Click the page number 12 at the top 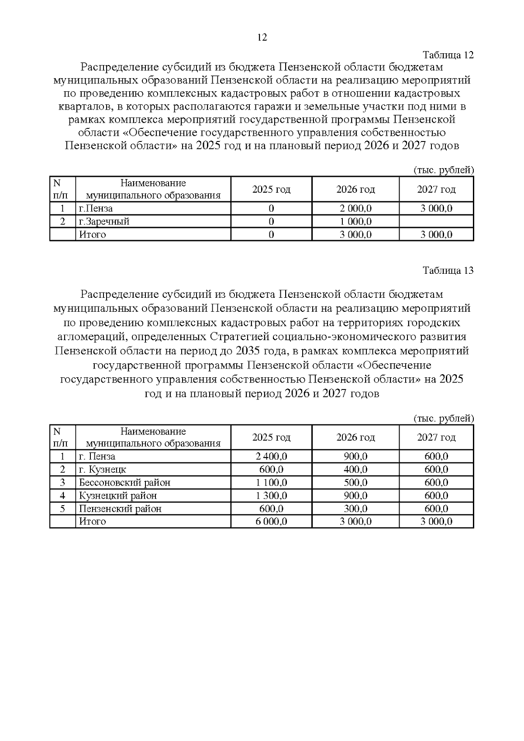click(262, 38)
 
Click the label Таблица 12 click(448, 55)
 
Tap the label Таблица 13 click(448, 270)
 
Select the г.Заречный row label click(104, 221)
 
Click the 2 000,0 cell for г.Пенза click(355, 208)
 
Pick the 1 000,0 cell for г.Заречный click(355, 221)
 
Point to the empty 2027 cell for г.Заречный click(436, 221)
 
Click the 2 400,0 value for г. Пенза click(271, 456)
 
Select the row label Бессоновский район click(124, 483)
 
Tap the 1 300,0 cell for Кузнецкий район click(271, 496)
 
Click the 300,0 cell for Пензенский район click(355, 509)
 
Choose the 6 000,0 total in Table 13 click(271, 521)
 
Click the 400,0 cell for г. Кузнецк click(355, 469)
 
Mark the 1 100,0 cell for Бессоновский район click(271, 483)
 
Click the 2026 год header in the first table click(355, 190)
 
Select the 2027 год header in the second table click(436, 438)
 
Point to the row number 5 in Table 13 click(62, 509)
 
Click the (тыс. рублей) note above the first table click(443, 170)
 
